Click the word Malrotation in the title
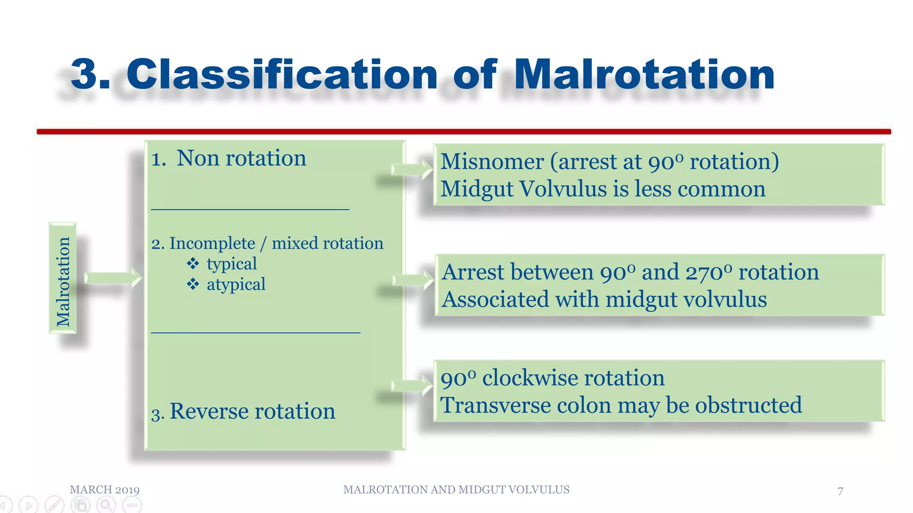pos(644,74)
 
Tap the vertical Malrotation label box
pos(63,279)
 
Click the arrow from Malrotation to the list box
pos(113,278)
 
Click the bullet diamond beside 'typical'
pos(193,264)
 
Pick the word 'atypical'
pos(236,285)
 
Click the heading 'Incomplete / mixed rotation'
pos(276,244)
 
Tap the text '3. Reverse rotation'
pos(243,411)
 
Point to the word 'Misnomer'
pos(492,162)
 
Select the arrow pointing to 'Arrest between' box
pos(413,280)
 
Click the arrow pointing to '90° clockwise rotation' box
pos(411,385)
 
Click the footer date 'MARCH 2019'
pos(105,490)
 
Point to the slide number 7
pos(840,491)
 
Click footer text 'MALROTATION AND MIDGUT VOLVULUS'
pos(456,490)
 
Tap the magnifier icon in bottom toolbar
pos(106,505)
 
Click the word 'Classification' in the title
pos(282,74)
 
